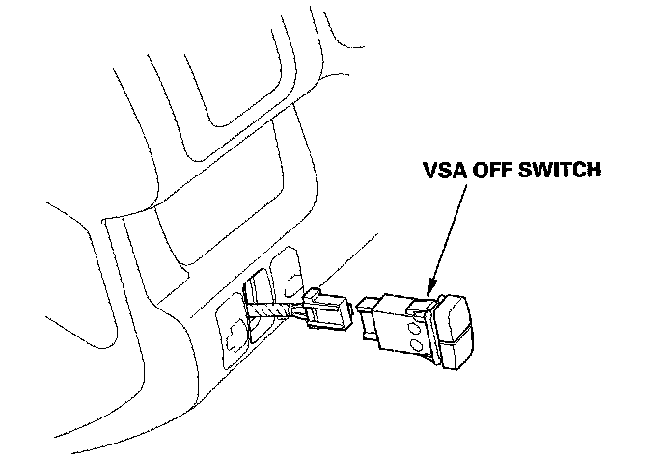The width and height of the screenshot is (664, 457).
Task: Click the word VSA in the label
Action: [x=446, y=171]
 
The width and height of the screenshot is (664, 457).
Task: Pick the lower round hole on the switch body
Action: [x=413, y=344]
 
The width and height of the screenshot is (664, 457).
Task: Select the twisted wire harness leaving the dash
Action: [x=272, y=310]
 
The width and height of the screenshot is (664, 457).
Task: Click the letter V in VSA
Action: [x=431, y=171]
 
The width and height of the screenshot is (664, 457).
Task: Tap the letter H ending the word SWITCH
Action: [x=595, y=171]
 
